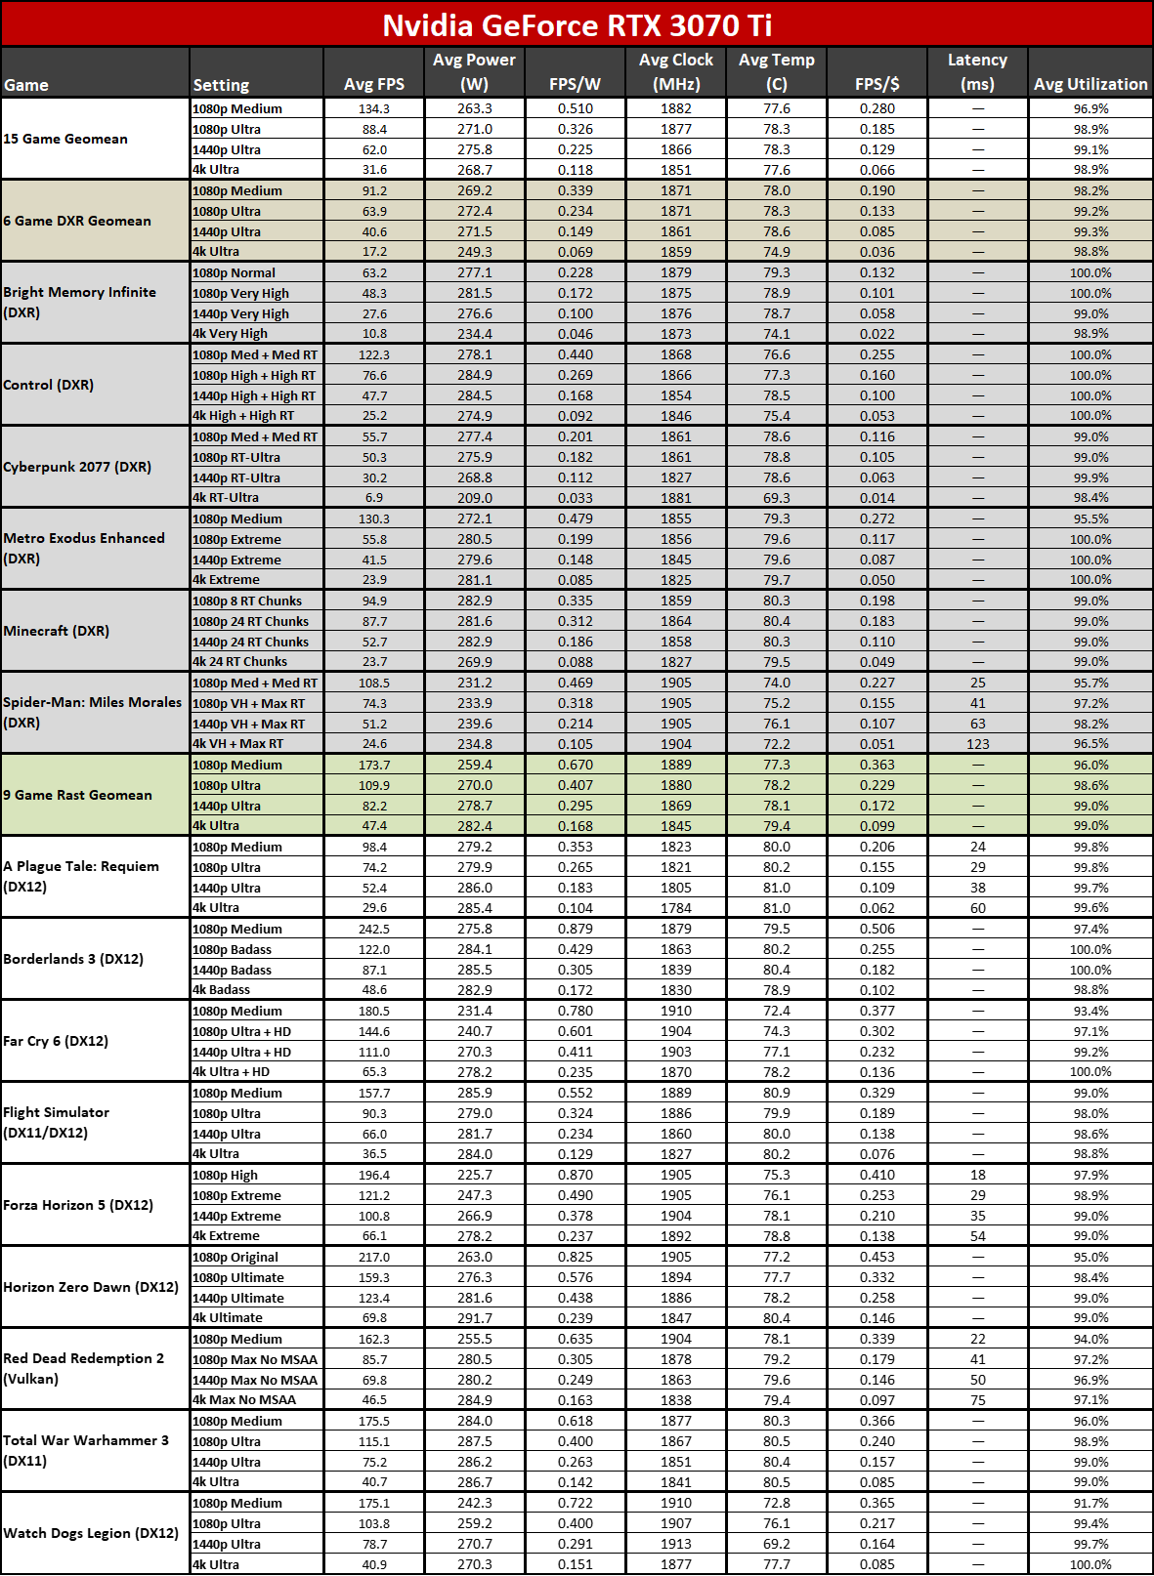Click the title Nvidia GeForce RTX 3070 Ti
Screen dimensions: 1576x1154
[577, 24]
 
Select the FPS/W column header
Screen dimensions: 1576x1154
[575, 84]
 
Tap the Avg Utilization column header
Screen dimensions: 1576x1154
[1090, 84]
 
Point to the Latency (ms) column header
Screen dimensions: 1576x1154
[977, 72]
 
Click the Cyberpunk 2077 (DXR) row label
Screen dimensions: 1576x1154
[77, 467]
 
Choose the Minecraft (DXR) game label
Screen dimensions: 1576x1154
[56, 631]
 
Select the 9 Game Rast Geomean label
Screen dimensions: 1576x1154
[77, 795]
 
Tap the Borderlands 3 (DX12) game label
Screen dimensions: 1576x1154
[73, 959]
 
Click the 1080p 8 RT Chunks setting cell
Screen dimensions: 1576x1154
[247, 601]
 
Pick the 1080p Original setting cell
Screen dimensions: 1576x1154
[235, 1257]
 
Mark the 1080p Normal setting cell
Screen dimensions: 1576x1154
[235, 272]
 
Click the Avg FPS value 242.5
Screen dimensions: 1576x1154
[374, 929]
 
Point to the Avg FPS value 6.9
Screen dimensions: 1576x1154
[374, 498]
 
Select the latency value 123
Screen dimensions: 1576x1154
[977, 744]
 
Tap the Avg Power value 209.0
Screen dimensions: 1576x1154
[475, 498]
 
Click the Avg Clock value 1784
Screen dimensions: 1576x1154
[675, 908]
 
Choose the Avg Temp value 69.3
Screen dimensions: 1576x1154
[777, 498]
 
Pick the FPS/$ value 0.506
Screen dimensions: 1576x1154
[877, 929]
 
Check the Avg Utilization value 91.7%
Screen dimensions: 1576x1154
[1090, 1503]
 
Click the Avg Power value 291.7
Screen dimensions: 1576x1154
[475, 1318]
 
